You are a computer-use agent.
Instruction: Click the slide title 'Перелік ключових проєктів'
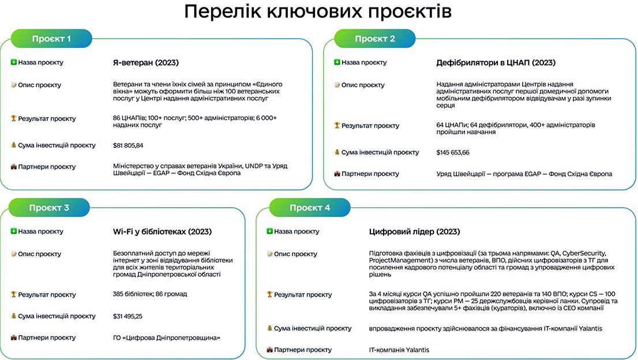[318, 12]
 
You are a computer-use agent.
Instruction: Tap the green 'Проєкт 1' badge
[51, 39]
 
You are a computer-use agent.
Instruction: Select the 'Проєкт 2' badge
[375, 39]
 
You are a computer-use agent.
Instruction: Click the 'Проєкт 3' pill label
[49, 208]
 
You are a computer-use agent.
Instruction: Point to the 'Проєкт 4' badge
[310, 208]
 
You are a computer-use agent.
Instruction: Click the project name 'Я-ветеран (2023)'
[146, 63]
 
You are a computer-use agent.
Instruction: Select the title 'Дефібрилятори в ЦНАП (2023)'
[496, 63]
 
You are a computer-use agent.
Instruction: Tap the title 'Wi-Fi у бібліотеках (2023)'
[162, 231]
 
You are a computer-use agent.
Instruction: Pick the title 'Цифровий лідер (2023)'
[414, 231]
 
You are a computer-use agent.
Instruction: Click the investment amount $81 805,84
[127, 145]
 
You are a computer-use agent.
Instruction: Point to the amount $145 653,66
[452, 152]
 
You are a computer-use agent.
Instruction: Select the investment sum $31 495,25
[127, 316]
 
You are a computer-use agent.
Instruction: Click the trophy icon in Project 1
[13, 118]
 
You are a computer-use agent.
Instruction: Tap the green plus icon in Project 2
[337, 62]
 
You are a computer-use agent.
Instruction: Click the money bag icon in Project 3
[13, 316]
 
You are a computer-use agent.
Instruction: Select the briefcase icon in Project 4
[269, 350]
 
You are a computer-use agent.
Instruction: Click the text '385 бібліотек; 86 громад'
[150, 294]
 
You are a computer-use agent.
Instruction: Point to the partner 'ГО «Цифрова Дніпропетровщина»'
[166, 337]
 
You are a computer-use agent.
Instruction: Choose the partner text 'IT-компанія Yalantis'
[399, 350]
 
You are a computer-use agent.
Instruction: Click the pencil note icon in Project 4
[269, 254]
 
